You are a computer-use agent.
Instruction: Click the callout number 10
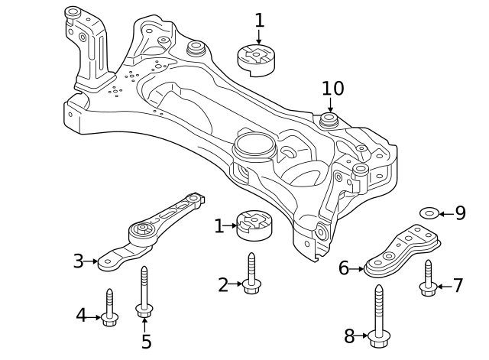[332, 88]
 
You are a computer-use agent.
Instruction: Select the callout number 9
[460, 213]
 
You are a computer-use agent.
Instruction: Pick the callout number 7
[458, 286]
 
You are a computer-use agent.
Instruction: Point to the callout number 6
[344, 268]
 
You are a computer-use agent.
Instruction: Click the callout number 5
[146, 341]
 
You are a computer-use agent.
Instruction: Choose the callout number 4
[81, 314]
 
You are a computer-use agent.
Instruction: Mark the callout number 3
[78, 261]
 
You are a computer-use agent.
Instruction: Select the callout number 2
[223, 286]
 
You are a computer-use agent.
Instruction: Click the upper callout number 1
[259, 20]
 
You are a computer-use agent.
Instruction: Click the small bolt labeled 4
[109, 307]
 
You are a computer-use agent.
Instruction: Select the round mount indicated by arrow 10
[329, 122]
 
